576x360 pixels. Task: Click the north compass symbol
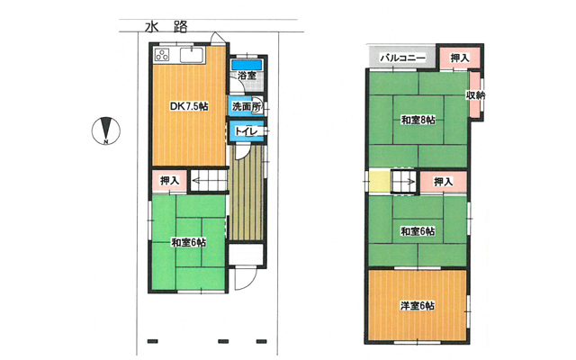(x=106, y=130)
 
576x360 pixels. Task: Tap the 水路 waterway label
(x=166, y=27)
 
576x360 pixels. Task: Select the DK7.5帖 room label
(x=189, y=106)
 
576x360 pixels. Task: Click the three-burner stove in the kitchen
(x=162, y=55)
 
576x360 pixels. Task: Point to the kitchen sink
(x=192, y=55)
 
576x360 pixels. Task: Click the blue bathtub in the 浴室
(x=247, y=65)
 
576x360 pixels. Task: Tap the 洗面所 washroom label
(x=247, y=106)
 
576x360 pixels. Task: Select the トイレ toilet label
(x=246, y=131)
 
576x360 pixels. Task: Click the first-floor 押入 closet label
(x=170, y=180)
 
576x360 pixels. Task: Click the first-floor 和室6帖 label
(x=189, y=242)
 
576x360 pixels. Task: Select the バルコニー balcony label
(x=402, y=58)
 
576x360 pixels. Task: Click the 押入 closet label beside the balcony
(x=460, y=58)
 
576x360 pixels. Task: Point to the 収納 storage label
(x=475, y=94)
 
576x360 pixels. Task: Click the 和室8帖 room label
(x=418, y=120)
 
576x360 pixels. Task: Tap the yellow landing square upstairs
(x=380, y=180)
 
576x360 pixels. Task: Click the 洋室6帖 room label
(x=418, y=306)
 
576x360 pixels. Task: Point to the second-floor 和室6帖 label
(x=418, y=231)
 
